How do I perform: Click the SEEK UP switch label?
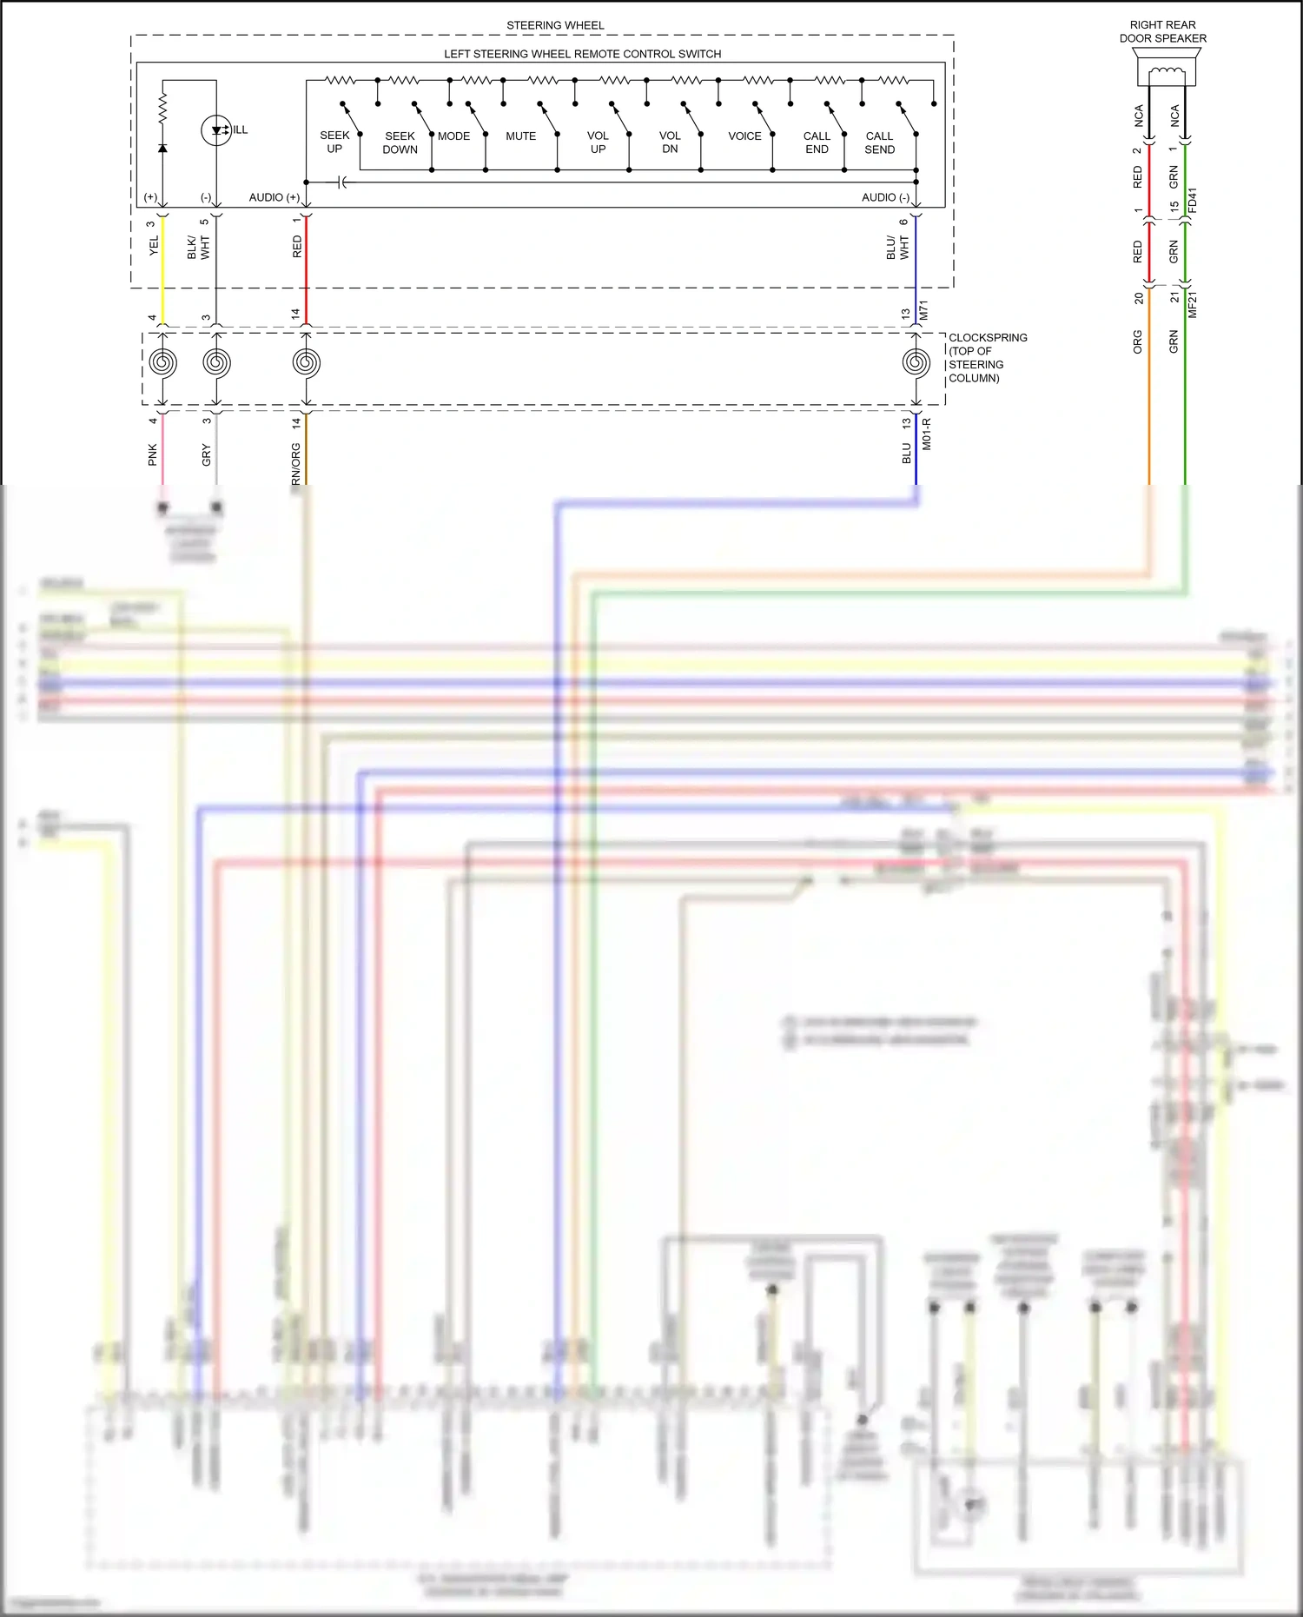(x=334, y=142)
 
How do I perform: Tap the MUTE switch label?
(x=520, y=136)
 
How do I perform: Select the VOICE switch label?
(x=744, y=136)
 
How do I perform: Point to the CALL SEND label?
(x=879, y=142)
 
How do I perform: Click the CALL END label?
(x=817, y=142)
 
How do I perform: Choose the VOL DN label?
(x=670, y=142)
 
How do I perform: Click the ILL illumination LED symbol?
(x=216, y=131)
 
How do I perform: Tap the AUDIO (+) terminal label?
(x=274, y=198)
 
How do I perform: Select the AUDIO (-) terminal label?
(x=885, y=198)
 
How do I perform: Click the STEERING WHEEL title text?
(x=555, y=25)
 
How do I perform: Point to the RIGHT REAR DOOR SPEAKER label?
(x=1162, y=32)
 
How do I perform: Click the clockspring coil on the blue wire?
(x=916, y=362)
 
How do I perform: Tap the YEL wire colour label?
(x=154, y=245)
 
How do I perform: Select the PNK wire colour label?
(x=153, y=454)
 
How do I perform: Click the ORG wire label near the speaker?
(x=1138, y=341)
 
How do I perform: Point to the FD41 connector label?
(x=1192, y=201)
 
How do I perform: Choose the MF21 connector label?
(x=1192, y=304)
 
